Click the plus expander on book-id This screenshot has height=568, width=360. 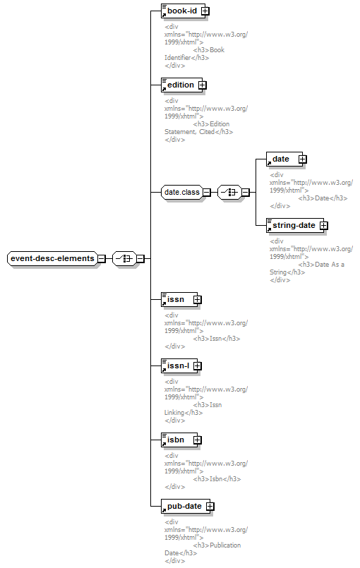click(205, 11)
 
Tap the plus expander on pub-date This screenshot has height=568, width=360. click(210, 507)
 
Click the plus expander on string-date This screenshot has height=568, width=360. click(324, 226)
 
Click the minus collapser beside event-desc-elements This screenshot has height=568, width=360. click(102, 259)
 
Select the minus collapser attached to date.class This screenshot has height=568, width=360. click(206, 193)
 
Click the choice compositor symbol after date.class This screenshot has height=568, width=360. click(229, 192)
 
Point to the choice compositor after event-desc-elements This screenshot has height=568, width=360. click(124, 259)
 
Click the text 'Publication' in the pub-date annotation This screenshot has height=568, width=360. click(225, 545)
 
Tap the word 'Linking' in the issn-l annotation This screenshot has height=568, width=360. click(174, 413)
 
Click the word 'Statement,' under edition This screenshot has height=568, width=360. click(181, 132)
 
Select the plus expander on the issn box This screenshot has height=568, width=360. click(197, 300)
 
